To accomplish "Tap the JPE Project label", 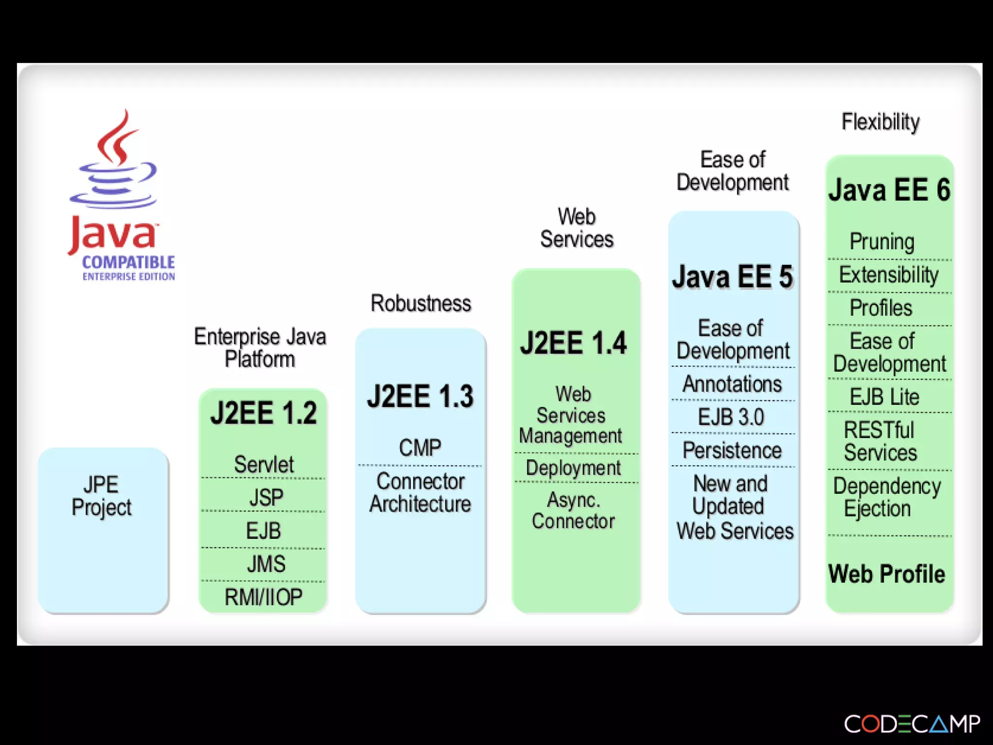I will tap(102, 496).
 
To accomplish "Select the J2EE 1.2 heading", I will tap(263, 413).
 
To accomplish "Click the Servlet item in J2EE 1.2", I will tap(264, 464).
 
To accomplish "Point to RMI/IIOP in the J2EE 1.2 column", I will tap(263, 597).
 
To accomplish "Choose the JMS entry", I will tap(266, 564).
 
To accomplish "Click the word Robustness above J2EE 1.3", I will tap(420, 304).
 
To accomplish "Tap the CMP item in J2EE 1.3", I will tap(420, 447).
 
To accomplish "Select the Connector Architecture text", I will tap(420, 492).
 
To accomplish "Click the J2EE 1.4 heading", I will tap(574, 343).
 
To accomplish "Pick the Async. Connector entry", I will tap(573, 510).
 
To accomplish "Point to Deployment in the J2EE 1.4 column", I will tap(573, 468).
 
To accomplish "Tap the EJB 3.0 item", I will tap(731, 417).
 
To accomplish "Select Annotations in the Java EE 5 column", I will tap(732, 384).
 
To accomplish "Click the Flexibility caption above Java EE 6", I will tap(881, 122).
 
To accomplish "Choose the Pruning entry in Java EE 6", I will tap(882, 242).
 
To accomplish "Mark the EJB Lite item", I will tap(884, 397).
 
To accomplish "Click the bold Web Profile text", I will tap(887, 574).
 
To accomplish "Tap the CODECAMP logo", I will tap(912, 724).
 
